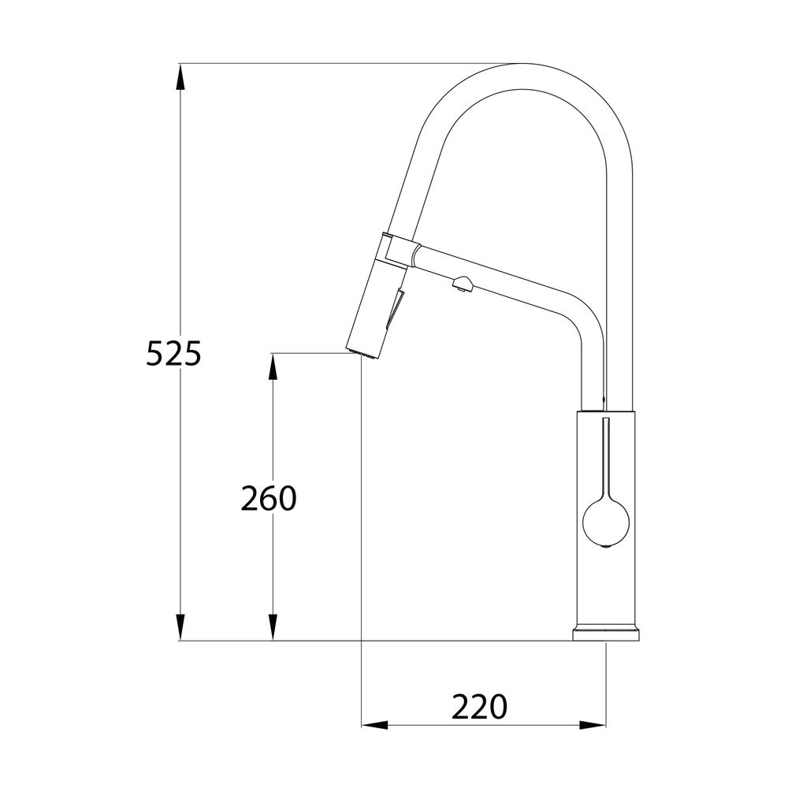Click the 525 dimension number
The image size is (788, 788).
pyautogui.click(x=174, y=354)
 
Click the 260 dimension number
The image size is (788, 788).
pyautogui.click(x=268, y=498)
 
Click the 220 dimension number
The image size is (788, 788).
pyautogui.click(x=479, y=707)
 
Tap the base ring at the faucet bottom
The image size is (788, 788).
pyautogui.click(x=606, y=634)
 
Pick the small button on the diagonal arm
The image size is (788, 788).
pyautogui.click(x=462, y=283)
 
